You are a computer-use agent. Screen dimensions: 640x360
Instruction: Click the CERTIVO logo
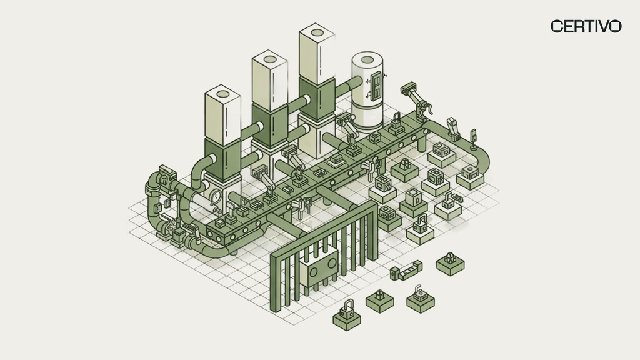[x=586, y=26]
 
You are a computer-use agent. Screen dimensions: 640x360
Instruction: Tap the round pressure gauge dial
[x=215, y=197]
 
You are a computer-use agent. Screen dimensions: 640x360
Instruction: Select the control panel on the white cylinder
[x=376, y=86]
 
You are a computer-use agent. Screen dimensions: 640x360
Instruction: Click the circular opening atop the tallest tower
[x=317, y=32]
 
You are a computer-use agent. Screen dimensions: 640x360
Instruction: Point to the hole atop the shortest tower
[x=223, y=94]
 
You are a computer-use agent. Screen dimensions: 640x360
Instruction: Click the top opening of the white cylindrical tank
[x=367, y=59]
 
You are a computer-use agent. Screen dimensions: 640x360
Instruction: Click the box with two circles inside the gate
[x=319, y=269]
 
